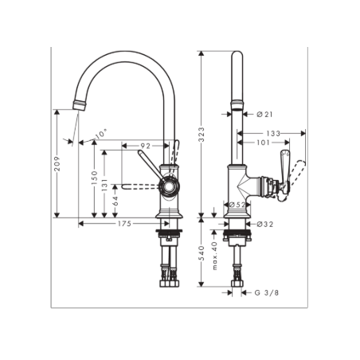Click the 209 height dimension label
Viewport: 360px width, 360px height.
(58, 164)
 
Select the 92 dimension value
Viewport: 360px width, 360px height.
(146, 146)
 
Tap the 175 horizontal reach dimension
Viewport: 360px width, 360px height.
(123, 225)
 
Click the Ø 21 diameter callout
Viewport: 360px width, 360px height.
(265, 115)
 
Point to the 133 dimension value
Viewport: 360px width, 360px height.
(273, 133)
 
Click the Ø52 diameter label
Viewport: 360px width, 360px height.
(236, 205)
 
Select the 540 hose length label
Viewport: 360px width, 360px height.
(202, 255)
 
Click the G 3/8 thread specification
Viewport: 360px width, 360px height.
(266, 293)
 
